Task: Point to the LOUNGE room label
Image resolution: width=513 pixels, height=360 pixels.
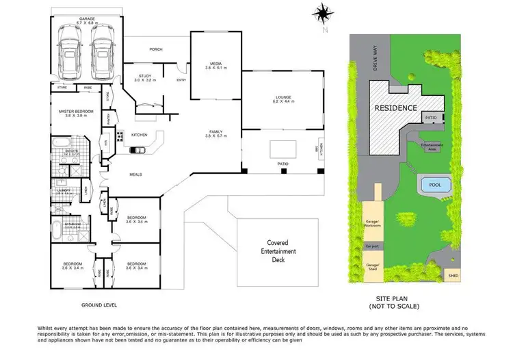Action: point(283,97)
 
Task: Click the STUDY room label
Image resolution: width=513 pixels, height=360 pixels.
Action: point(145,77)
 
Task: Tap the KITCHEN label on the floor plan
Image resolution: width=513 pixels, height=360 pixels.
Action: point(140,135)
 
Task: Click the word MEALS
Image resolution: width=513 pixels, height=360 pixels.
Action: point(135,175)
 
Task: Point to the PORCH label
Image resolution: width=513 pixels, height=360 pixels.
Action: point(156,49)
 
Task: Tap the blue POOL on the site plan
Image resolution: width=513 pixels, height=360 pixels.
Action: point(434,185)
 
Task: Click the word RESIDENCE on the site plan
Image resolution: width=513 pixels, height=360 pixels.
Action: point(395,108)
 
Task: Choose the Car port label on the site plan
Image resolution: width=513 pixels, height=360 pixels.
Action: point(372,246)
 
